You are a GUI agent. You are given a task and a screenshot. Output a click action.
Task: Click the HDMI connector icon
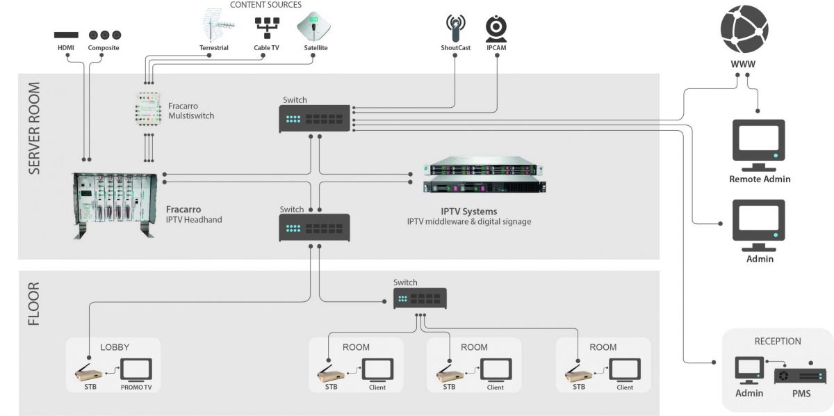coord(66,34)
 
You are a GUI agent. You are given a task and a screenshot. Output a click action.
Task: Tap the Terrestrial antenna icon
coord(217,27)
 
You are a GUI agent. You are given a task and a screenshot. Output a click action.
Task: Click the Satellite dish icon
coord(313,27)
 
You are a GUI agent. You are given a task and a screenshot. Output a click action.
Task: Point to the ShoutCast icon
coord(455,29)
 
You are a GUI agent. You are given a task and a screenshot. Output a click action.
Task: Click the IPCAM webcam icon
coord(496,29)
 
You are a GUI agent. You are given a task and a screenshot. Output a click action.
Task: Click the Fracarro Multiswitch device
coord(149,109)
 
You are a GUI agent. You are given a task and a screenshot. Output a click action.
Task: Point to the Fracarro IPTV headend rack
coord(113,205)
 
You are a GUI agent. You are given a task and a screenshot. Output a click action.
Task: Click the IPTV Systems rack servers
coord(484,178)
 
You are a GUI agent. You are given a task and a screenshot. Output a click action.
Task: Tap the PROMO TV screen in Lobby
coord(136,369)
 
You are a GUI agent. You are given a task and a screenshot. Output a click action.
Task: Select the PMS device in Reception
coord(800,376)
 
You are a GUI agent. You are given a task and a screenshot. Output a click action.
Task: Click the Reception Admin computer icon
coord(749,370)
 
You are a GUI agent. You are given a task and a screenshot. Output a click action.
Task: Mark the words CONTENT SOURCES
coord(265,5)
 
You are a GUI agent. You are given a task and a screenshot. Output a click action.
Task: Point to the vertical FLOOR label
coord(34,304)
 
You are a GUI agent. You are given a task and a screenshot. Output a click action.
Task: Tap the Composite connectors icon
coord(104,34)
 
